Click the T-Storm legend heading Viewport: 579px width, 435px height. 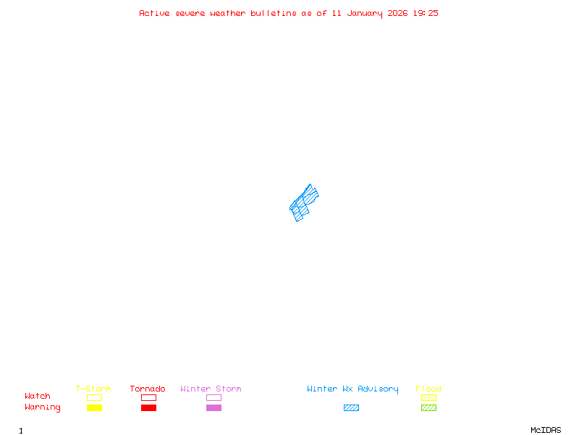click(93, 389)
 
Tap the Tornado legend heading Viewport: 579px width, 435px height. click(148, 389)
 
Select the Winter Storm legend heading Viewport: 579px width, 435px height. click(211, 389)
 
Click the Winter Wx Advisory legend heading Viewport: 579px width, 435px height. click(352, 389)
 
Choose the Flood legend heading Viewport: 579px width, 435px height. click(428, 389)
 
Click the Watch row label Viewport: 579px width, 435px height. click(38, 397)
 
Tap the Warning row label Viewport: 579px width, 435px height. click(43, 407)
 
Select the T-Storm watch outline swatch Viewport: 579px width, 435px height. click(94, 397)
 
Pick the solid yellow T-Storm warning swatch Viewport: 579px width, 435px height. click(94, 407)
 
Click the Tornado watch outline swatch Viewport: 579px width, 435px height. click(148, 397)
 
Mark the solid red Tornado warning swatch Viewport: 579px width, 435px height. click(148, 407)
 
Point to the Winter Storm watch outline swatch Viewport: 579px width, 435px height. click(214, 397)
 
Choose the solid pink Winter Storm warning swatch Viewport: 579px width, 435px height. click(214, 407)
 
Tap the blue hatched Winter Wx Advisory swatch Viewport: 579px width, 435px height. click(351, 407)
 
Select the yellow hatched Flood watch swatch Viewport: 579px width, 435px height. click(428, 397)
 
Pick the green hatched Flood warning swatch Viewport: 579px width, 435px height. click(428, 407)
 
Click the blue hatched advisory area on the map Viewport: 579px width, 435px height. click(303, 202)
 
